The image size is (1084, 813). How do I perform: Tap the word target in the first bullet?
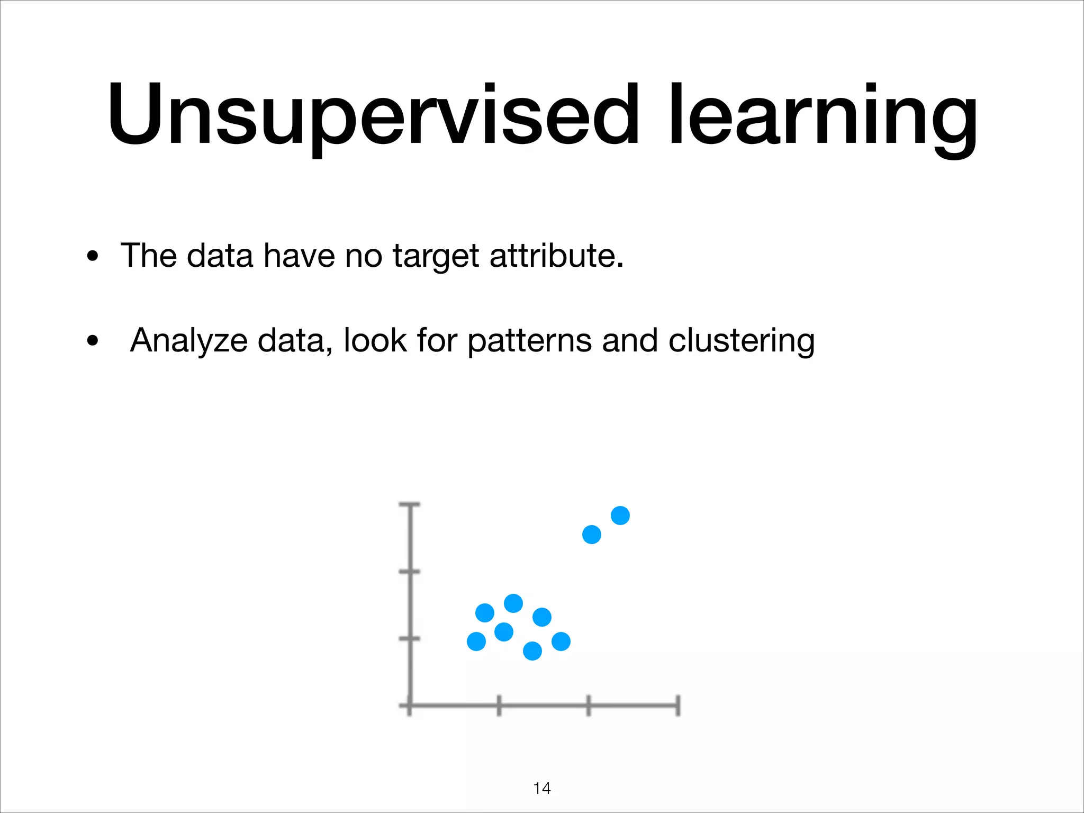click(x=436, y=256)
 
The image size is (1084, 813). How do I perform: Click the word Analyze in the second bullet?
click(x=189, y=340)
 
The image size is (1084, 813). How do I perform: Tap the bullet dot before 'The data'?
click(x=93, y=257)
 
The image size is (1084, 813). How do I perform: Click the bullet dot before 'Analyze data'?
click(x=93, y=341)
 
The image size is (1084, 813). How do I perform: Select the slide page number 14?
click(x=542, y=788)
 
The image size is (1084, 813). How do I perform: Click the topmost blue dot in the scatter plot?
click(x=620, y=515)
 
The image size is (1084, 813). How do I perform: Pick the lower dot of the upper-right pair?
click(x=592, y=535)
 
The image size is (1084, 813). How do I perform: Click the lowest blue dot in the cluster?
click(x=532, y=651)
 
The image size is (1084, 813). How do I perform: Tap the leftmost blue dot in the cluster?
click(x=476, y=642)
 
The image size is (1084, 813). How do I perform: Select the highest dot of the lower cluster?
click(x=513, y=603)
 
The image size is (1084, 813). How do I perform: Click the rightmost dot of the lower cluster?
click(x=561, y=642)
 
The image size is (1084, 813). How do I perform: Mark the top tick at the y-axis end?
click(x=410, y=505)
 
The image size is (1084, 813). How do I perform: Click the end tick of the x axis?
click(x=678, y=706)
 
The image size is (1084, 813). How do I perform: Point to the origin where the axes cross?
click(x=410, y=706)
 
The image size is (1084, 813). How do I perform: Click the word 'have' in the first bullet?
click(x=299, y=256)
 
